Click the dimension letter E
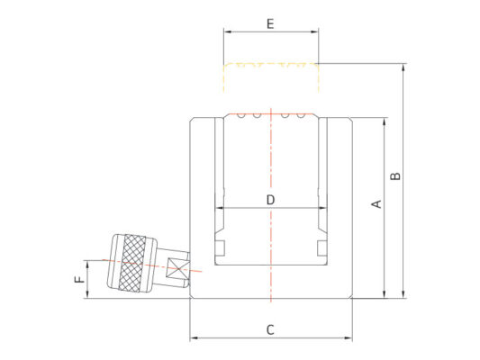pos(270,23)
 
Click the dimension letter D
pos(270,200)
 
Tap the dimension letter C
pos(270,330)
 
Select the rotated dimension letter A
pos(376,204)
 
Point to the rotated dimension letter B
pos(395,176)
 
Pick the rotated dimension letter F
pos(79,279)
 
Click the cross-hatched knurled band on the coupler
pos(133,263)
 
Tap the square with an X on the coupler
pos(177,269)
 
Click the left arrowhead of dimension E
pos(228,31)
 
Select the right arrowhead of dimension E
pos(314,31)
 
